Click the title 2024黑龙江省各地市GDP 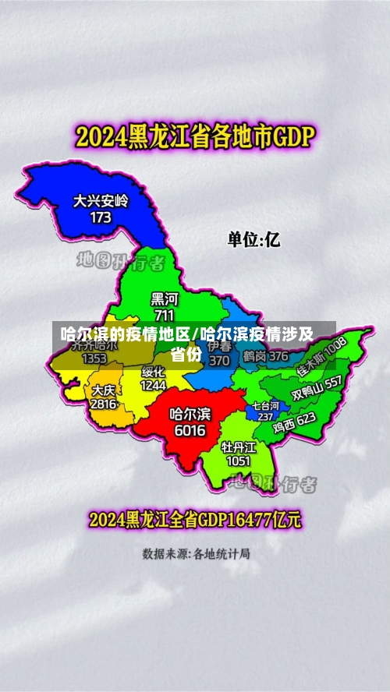pos(194,139)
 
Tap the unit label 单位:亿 pos(253,239)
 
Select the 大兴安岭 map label pos(101,201)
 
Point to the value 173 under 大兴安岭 pos(101,217)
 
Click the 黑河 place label pos(164,299)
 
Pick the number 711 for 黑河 pos(164,315)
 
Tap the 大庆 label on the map pos(104,390)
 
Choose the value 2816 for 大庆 pos(104,404)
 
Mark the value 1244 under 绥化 pos(153,385)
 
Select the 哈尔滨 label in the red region pos(190,414)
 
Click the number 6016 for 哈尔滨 pos(190,430)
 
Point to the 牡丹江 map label pos(238,447)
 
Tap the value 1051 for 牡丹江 pos(238,461)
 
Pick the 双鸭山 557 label pos(316,388)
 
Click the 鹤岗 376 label pos(265,356)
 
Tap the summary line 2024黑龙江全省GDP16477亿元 pos(194,519)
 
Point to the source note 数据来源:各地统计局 pos(196,554)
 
